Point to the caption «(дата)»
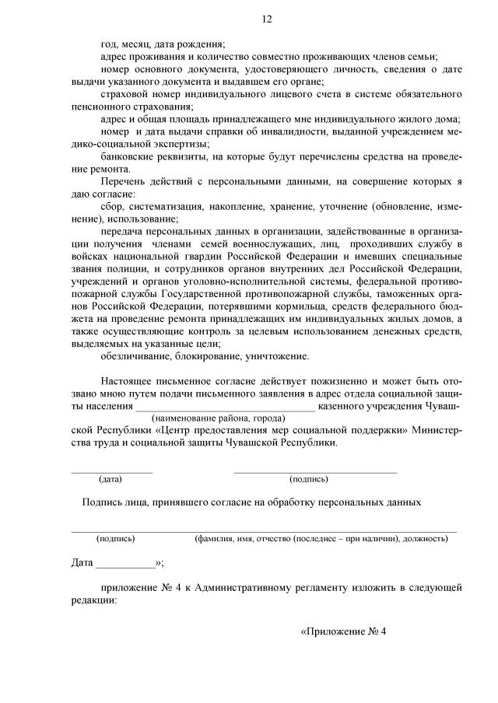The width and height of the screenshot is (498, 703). [x=111, y=479]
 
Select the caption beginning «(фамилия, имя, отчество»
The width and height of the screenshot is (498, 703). [x=325, y=538]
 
